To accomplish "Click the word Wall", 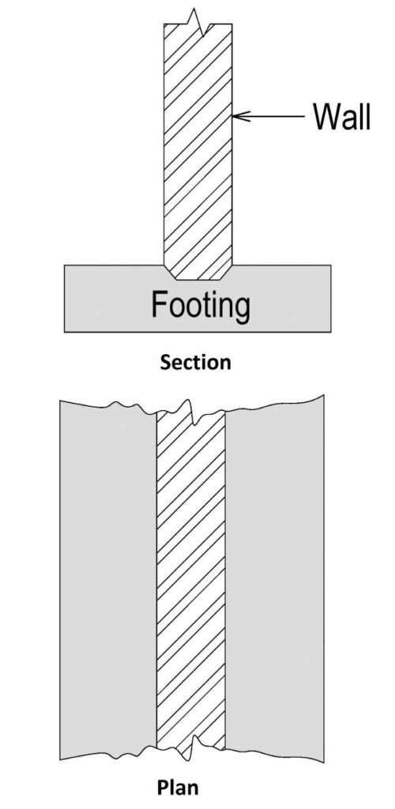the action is [x=342, y=117].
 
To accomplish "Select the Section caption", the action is [x=195, y=362].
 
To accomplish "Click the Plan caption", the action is [x=178, y=788].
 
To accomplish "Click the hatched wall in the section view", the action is [x=198, y=149].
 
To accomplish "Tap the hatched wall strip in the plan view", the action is [x=191, y=578].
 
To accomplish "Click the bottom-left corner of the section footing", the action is [x=65, y=332].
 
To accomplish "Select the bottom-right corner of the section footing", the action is [x=330, y=332].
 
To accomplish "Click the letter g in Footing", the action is [x=242, y=310].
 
